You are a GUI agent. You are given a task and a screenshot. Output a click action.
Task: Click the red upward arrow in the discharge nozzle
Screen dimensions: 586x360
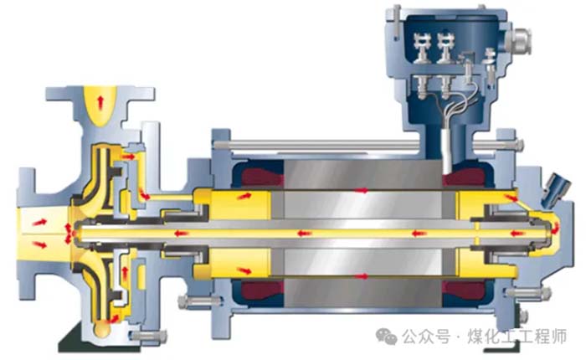[x=100, y=102]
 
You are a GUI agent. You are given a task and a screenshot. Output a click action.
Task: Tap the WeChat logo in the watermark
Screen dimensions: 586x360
[x=386, y=336]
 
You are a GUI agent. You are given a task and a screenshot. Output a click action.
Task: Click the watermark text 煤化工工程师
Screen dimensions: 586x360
[x=517, y=337]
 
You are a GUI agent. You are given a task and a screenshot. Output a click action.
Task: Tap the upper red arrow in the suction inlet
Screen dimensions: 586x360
[x=39, y=222]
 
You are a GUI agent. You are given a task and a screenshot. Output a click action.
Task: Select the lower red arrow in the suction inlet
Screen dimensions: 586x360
[x=39, y=244]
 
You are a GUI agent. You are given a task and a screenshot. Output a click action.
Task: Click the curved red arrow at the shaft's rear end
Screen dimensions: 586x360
[x=555, y=228]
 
